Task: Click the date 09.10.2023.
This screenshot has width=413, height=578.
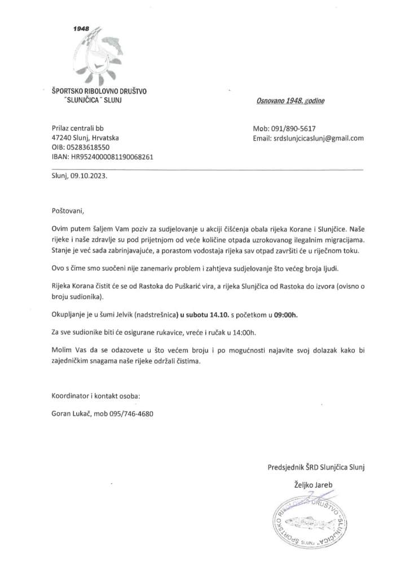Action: [89, 176]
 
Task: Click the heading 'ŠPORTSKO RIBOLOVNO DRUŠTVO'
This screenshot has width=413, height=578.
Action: [98, 91]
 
